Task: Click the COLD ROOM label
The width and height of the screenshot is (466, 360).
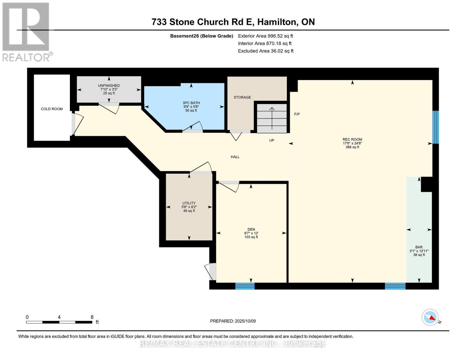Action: (x=52, y=109)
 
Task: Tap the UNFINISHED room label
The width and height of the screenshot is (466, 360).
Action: (x=109, y=85)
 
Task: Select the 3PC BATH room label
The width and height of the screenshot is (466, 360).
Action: (x=191, y=103)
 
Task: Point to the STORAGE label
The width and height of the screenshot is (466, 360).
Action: (x=242, y=97)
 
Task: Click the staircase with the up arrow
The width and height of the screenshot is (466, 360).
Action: (x=272, y=118)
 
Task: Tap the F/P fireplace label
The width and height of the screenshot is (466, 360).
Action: (x=297, y=114)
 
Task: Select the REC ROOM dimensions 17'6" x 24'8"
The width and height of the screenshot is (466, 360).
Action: (x=352, y=143)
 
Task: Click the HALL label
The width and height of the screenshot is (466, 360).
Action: (x=235, y=157)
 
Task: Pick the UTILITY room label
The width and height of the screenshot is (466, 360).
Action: (x=189, y=203)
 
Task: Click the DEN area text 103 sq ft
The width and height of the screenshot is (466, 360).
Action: (x=251, y=237)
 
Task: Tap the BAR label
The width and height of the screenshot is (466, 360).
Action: (x=419, y=247)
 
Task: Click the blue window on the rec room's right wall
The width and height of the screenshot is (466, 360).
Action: (x=435, y=127)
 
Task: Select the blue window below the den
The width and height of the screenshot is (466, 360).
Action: (x=245, y=286)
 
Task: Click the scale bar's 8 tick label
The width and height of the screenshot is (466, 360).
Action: (x=92, y=317)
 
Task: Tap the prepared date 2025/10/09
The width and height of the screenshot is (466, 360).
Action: (x=245, y=321)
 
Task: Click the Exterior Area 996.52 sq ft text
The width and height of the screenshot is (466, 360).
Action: (x=265, y=36)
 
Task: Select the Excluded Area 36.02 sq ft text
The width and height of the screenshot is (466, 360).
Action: (x=266, y=51)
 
